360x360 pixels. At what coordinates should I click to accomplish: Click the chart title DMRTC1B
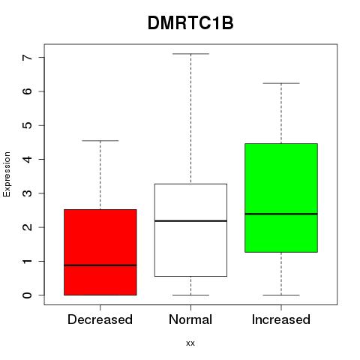(x=190, y=23)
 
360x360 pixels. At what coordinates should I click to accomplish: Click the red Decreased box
(x=100, y=252)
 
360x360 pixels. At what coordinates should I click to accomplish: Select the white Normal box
(x=190, y=230)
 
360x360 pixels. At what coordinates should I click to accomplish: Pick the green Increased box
(x=281, y=198)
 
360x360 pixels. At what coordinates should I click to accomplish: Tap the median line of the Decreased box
(x=100, y=265)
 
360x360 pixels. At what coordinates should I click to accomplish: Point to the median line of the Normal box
(x=190, y=220)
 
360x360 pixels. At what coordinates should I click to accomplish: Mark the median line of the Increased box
(x=281, y=214)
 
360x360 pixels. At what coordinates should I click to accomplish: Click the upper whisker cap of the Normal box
(x=190, y=54)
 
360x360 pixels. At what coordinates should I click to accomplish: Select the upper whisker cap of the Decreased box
(x=100, y=141)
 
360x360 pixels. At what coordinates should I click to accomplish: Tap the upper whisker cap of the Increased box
(x=281, y=83)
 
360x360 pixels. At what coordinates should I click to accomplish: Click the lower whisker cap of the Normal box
(x=190, y=295)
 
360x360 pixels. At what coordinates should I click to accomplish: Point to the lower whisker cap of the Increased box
(x=281, y=295)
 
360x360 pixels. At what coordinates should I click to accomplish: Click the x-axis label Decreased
(x=100, y=319)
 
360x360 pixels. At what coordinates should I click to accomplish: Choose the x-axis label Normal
(x=190, y=319)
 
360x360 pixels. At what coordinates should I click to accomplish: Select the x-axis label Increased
(x=281, y=319)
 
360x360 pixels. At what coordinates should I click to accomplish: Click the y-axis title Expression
(x=7, y=174)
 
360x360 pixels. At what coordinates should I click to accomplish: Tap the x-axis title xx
(x=190, y=343)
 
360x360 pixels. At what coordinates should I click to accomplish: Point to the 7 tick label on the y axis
(x=27, y=57)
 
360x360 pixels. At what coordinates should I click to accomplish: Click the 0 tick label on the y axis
(x=27, y=295)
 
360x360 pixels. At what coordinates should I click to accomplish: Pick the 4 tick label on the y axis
(x=27, y=159)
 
